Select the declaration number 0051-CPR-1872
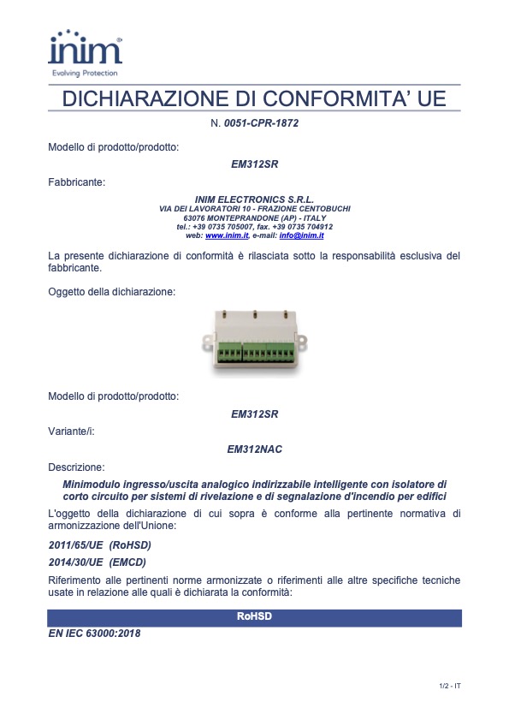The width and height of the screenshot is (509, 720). (x=261, y=123)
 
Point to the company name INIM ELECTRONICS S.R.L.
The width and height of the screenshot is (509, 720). (x=255, y=199)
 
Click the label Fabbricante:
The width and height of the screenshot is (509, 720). (x=77, y=182)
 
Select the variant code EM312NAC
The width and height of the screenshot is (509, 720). (x=255, y=449)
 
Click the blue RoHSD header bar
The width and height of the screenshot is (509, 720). (x=254, y=617)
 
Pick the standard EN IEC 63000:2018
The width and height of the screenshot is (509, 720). (x=95, y=634)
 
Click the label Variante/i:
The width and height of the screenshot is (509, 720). (x=71, y=431)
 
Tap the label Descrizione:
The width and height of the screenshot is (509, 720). (x=76, y=467)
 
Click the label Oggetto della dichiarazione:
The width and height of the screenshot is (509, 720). (x=112, y=292)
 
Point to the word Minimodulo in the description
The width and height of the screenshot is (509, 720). (x=92, y=485)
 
